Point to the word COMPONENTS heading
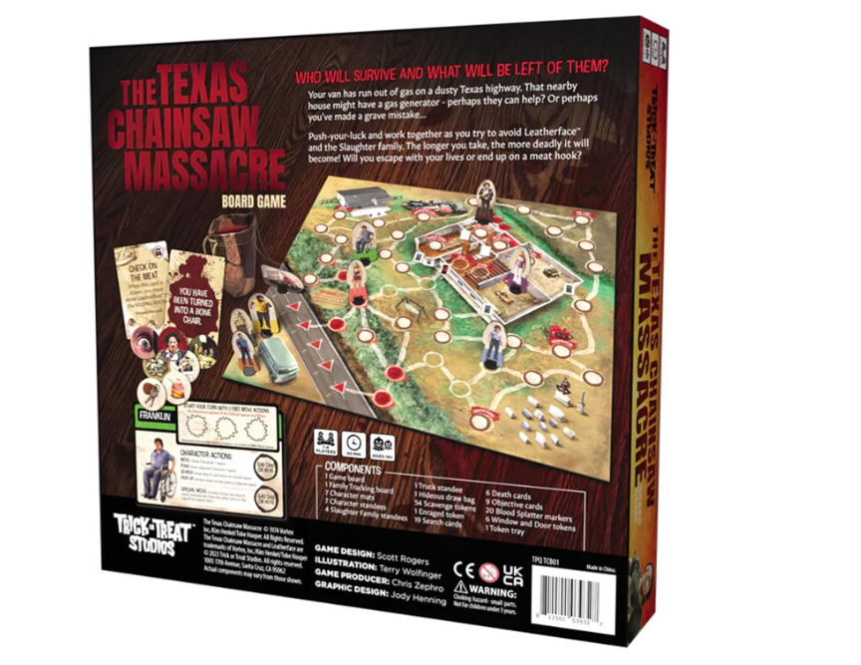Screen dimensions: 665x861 click(352, 468)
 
